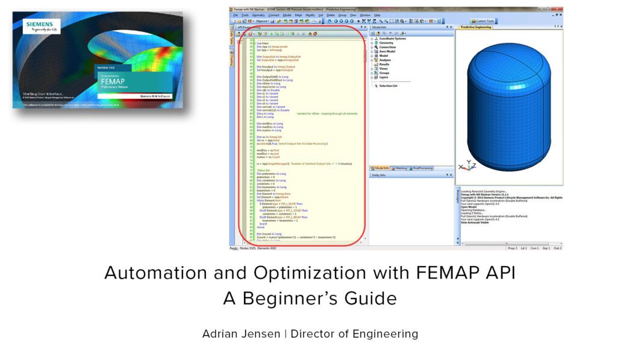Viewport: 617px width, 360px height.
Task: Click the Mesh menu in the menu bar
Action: click(x=298, y=14)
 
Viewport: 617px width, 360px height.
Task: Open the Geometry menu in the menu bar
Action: click(x=258, y=14)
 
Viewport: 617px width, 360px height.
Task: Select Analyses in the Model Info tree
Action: click(x=385, y=60)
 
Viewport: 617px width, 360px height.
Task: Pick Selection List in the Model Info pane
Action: click(x=388, y=86)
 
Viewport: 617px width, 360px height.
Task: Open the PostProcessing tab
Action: click(x=425, y=168)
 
